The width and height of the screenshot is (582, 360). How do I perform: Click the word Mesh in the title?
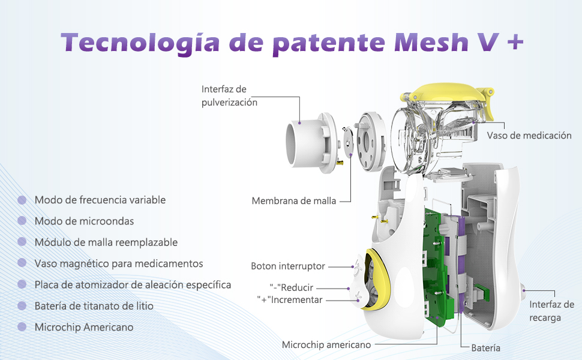click(x=431, y=43)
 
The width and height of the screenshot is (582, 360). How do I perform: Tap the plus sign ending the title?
click(x=515, y=43)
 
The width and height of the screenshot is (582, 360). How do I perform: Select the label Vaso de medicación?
click(x=529, y=136)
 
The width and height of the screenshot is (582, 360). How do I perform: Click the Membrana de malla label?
click(x=293, y=201)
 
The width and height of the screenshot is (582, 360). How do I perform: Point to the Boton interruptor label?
click(x=288, y=266)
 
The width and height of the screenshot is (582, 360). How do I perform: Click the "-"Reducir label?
click(x=292, y=287)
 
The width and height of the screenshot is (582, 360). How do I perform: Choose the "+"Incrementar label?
click(x=290, y=299)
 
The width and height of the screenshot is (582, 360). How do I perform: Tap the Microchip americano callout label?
click(x=326, y=345)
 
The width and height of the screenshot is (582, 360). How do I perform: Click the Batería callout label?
click(x=485, y=348)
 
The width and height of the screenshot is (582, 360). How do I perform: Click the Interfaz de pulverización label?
click(x=229, y=96)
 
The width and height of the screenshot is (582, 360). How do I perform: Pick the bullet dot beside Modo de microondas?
click(x=22, y=221)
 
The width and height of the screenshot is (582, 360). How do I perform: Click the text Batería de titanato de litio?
click(x=94, y=306)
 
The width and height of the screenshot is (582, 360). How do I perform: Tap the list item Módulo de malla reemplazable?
click(x=106, y=242)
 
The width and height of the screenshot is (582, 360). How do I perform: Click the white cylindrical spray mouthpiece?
click(x=308, y=142)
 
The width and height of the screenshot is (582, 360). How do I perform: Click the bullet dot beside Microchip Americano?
click(x=22, y=327)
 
